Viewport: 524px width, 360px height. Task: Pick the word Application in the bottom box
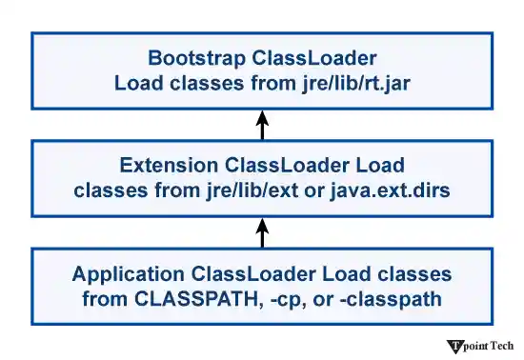tap(130, 274)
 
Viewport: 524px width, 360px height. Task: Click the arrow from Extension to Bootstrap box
tap(263, 125)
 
